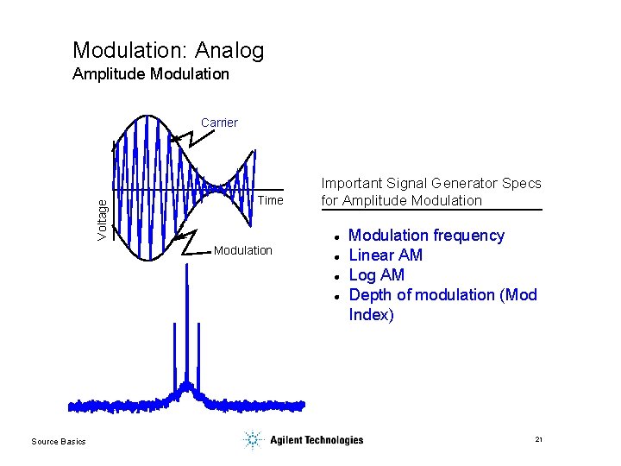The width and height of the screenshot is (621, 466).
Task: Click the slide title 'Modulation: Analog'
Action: click(168, 51)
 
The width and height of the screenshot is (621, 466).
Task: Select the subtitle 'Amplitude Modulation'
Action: click(151, 74)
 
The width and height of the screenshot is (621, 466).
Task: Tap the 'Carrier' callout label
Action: click(219, 123)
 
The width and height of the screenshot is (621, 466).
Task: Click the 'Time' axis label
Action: click(270, 200)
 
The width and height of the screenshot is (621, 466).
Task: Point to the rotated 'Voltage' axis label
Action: click(103, 219)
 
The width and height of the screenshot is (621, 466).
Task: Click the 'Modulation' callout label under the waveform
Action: click(242, 250)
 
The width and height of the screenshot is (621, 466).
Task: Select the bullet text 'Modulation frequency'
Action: click(426, 236)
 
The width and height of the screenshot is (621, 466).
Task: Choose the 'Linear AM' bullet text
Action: click(386, 255)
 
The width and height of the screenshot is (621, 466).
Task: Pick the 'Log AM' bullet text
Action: click(376, 275)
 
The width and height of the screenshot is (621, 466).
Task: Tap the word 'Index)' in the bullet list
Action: click(371, 315)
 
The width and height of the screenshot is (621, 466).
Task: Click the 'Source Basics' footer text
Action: click(59, 442)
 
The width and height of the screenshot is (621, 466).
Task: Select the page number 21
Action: click(538, 440)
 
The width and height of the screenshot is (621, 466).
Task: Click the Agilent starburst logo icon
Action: click(252, 440)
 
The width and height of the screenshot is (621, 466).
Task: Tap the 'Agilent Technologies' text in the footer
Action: click(317, 440)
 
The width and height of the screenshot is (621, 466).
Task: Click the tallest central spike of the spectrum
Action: click(185, 328)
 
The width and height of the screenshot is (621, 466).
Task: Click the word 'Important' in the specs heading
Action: click(352, 183)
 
